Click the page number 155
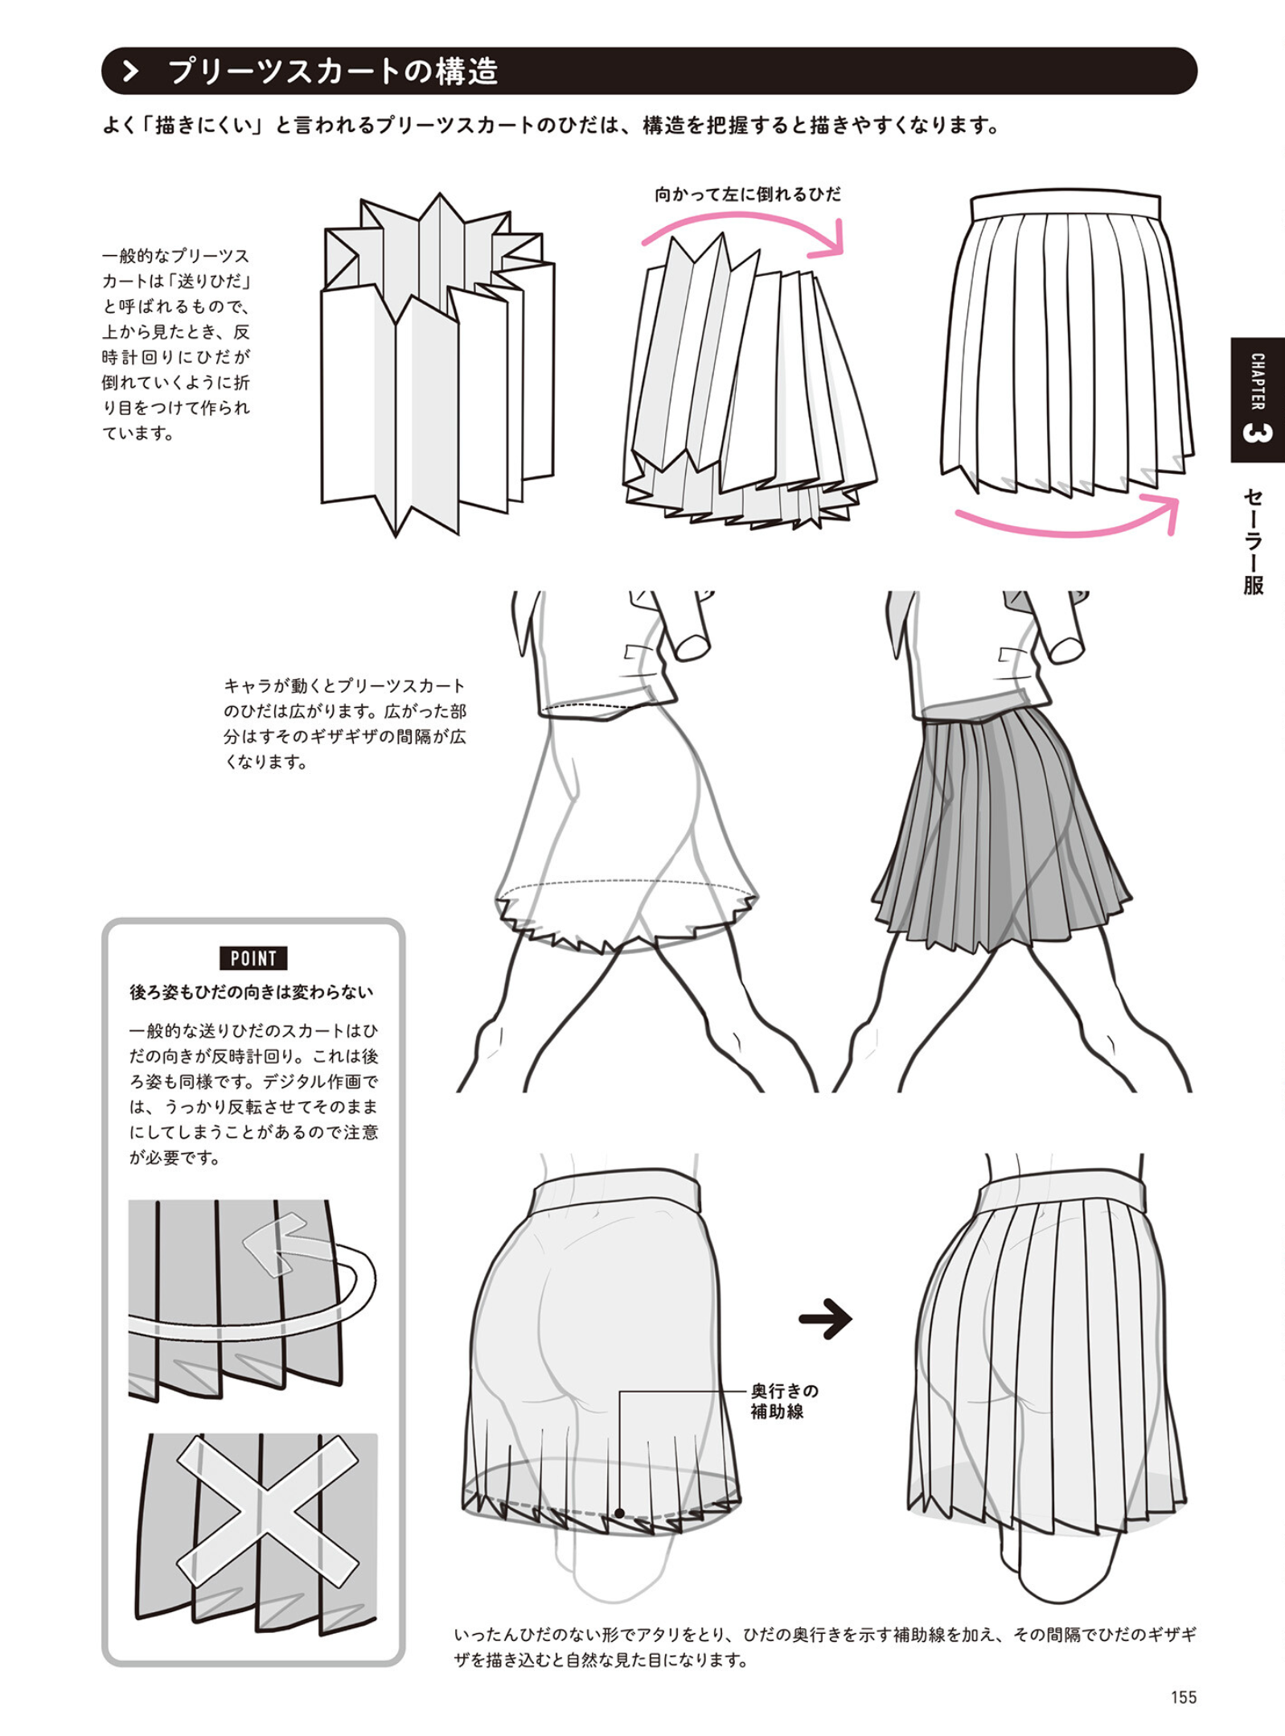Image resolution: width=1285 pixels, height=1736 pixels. (x=1184, y=1697)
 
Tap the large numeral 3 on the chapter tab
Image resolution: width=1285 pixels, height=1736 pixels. (x=1257, y=433)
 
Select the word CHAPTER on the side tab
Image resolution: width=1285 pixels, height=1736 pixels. (x=1258, y=381)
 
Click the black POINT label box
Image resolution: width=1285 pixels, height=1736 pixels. (x=253, y=958)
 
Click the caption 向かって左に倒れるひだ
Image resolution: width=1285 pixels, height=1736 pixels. (x=747, y=195)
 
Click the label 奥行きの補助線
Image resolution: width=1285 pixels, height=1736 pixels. (x=784, y=1401)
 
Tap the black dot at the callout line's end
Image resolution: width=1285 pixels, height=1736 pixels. (x=619, y=1513)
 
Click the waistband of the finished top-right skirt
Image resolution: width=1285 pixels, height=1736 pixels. (x=1065, y=206)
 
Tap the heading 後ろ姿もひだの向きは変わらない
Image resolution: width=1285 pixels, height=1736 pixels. (x=252, y=993)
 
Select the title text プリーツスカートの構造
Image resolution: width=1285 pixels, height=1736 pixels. (x=333, y=72)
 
